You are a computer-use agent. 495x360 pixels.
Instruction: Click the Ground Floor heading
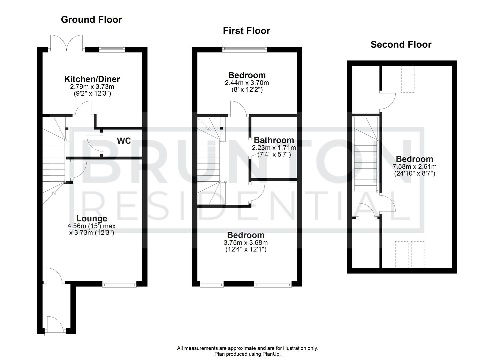coord(91,20)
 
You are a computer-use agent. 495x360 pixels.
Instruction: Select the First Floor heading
coord(246,31)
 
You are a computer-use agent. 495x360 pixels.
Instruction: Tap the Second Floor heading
coord(401,44)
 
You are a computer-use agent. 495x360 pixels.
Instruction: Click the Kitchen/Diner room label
coord(92,79)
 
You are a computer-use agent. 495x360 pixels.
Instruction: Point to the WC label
coord(124,141)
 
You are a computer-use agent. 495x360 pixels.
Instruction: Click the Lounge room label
coord(92,218)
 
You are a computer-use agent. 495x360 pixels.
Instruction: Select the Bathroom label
coord(274,140)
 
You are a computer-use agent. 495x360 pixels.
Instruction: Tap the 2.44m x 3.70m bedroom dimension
coord(247,83)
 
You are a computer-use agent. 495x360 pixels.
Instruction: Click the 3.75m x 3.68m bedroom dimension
coord(246,242)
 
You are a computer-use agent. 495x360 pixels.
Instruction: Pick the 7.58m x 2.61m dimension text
coord(414,167)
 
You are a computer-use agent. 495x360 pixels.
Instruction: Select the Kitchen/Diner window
coord(112,49)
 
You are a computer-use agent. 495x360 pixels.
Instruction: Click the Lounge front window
coord(119,284)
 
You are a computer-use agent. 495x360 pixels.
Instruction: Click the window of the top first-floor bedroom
coord(245,49)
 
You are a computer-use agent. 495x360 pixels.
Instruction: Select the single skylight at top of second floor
coord(407,79)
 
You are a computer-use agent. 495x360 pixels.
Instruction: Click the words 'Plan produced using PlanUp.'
coord(247,354)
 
